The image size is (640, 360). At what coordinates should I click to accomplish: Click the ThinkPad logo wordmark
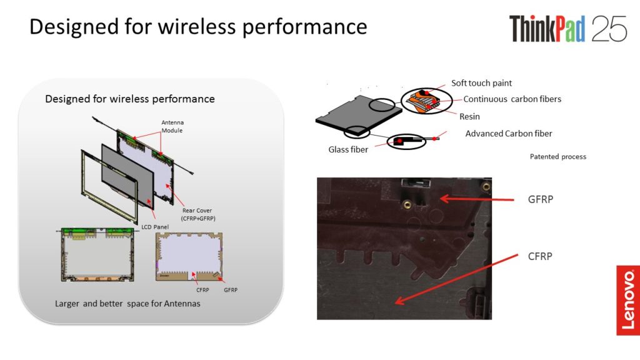pyautogui.click(x=547, y=29)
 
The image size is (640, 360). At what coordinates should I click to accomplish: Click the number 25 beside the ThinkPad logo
pyautogui.click(x=609, y=29)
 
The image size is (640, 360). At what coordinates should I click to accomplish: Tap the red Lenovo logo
pyautogui.click(x=627, y=301)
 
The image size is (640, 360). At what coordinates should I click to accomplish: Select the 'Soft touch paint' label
pyautogui.click(x=481, y=83)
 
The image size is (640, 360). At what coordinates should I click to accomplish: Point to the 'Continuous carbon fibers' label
pyautogui.click(x=512, y=99)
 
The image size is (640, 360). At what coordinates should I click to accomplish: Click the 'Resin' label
pyautogui.click(x=469, y=117)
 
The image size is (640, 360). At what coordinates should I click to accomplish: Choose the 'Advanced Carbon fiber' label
pyautogui.click(x=509, y=134)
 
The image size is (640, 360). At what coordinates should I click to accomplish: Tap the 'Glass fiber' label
pyautogui.click(x=348, y=150)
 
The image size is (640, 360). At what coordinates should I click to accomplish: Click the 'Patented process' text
pyautogui.click(x=558, y=157)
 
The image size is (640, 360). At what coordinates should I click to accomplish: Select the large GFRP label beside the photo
pyautogui.click(x=541, y=199)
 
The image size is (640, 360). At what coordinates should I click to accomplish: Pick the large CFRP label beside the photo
pyautogui.click(x=540, y=256)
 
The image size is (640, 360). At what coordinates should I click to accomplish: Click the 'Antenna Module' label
pyautogui.click(x=172, y=126)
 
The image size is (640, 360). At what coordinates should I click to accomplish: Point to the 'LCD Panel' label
pyautogui.click(x=155, y=227)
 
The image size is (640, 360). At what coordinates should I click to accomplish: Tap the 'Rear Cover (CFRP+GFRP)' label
pyautogui.click(x=198, y=214)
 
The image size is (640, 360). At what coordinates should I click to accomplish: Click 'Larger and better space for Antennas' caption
pyautogui.click(x=127, y=304)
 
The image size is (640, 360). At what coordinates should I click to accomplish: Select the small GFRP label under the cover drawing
pyautogui.click(x=231, y=290)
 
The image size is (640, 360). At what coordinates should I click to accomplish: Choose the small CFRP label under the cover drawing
pyautogui.click(x=202, y=290)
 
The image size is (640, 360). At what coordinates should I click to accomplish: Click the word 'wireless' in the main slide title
pyautogui.click(x=197, y=27)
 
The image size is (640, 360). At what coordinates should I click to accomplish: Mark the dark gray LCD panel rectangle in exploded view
pyautogui.click(x=127, y=175)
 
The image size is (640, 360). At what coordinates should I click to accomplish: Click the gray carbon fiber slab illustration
pyautogui.click(x=358, y=115)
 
